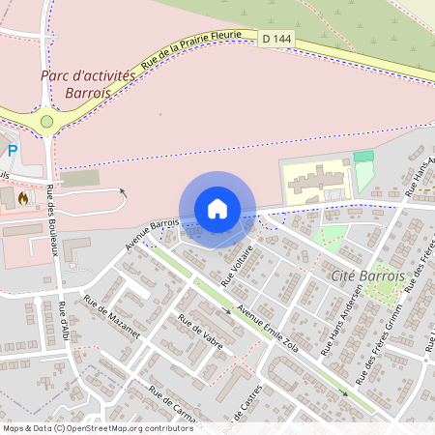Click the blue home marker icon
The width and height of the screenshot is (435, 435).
coord(217,208)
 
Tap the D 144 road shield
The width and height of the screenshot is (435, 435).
coord(275,39)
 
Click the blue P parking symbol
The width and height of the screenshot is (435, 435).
coord(12,151)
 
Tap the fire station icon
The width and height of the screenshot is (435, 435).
coord(21,196)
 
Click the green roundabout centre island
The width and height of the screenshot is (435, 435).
coord(46,122)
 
